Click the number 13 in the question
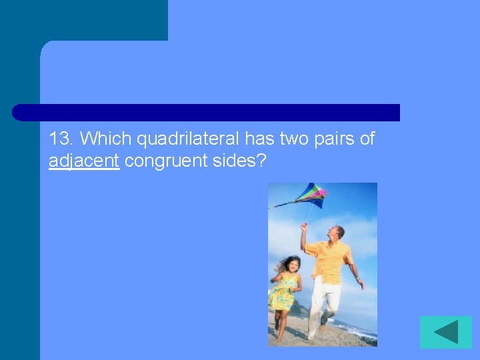(x=61, y=139)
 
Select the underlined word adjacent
(x=84, y=161)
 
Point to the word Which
(x=106, y=139)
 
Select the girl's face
(x=293, y=264)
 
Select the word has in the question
(x=259, y=139)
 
